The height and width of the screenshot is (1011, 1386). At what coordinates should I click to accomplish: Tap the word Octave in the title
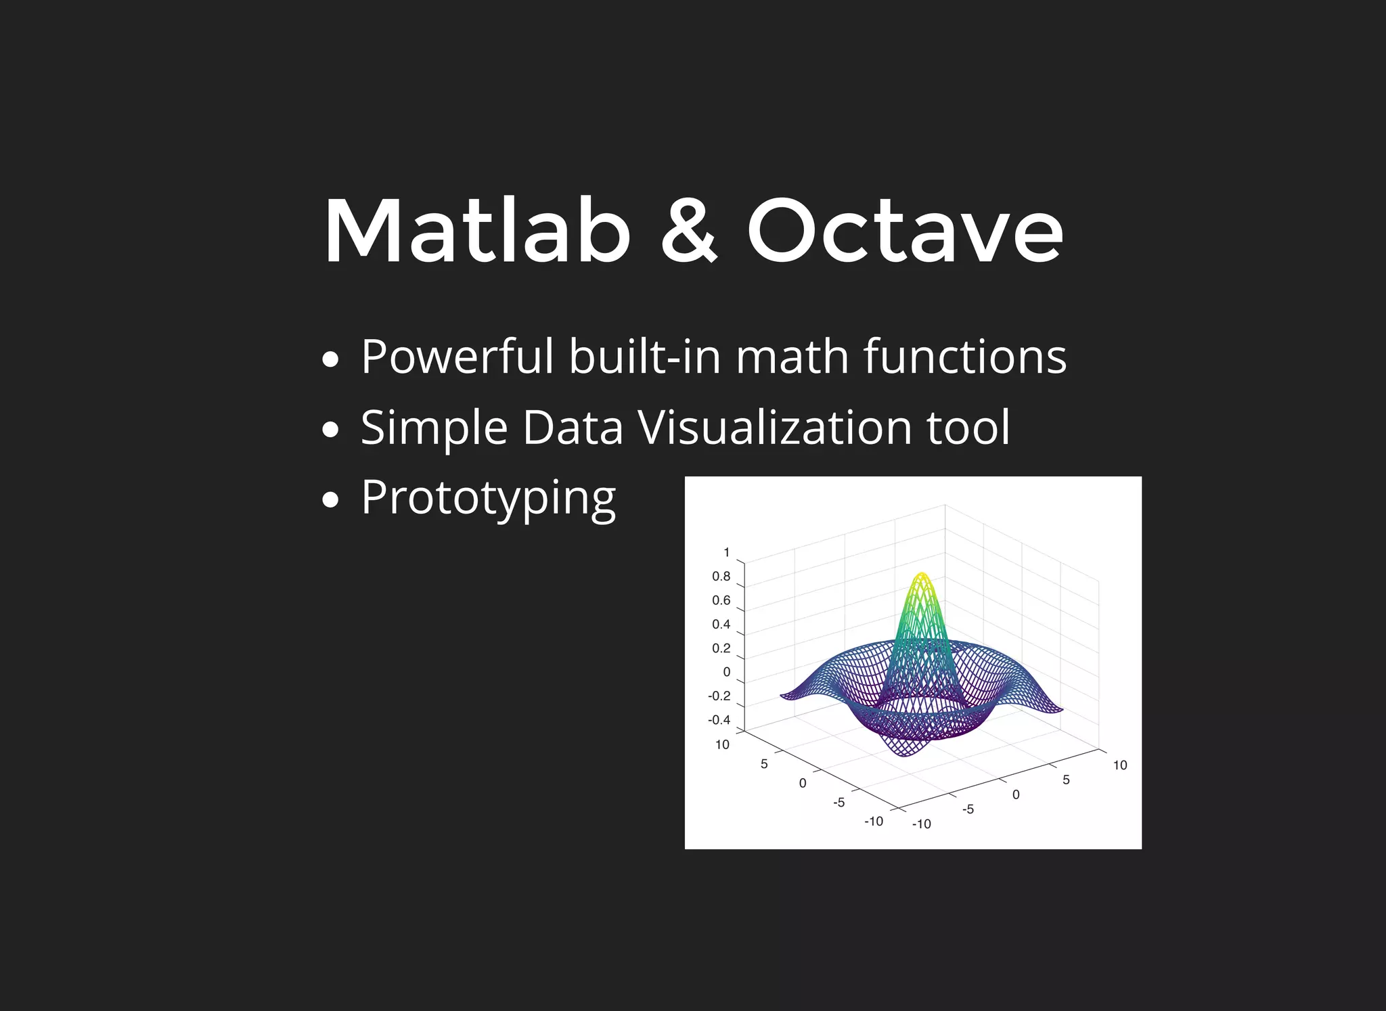click(905, 231)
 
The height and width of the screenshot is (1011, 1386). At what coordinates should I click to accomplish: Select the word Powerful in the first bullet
click(457, 357)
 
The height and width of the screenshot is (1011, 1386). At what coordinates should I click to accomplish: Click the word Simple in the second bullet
click(434, 428)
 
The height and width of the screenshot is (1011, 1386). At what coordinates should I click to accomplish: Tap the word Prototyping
click(488, 499)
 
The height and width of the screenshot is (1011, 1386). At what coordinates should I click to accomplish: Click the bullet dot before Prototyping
click(330, 501)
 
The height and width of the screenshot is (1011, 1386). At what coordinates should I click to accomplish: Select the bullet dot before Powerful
click(330, 359)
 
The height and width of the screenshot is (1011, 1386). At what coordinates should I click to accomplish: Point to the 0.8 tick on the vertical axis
click(721, 577)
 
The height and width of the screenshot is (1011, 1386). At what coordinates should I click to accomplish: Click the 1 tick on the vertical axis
click(727, 552)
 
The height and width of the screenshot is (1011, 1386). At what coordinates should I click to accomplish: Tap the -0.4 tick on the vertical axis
click(719, 720)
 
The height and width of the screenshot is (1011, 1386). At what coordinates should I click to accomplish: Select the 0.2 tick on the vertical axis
click(721, 648)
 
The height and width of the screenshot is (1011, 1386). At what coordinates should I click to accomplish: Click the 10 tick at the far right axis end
click(1120, 765)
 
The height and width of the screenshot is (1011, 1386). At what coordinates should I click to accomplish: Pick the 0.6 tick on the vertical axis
click(721, 600)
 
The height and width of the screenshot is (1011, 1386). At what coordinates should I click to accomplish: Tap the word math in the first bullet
click(792, 357)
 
